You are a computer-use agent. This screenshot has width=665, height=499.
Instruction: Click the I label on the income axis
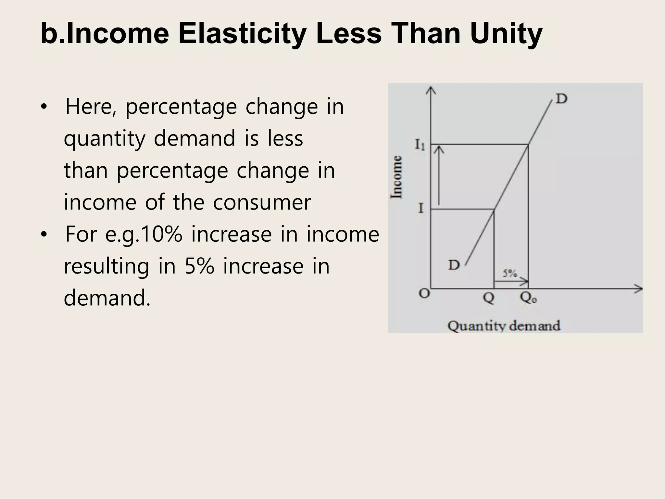coord(421,208)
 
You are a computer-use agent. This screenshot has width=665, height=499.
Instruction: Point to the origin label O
coord(424,293)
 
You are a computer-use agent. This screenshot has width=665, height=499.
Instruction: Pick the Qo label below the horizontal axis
coord(529,297)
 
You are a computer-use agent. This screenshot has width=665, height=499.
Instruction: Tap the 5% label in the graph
coord(510,274)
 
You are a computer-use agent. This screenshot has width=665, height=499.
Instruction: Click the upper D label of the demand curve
coord(561,98)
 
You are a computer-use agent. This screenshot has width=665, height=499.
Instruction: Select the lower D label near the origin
coord(454,265)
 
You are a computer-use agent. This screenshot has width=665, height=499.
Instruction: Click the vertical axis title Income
coord(397,177)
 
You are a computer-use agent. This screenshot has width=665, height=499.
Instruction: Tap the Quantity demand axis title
coord(504,326)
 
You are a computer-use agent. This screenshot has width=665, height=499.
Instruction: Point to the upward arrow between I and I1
coord(439,175)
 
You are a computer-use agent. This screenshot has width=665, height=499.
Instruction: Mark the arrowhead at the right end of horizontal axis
coord(639,288)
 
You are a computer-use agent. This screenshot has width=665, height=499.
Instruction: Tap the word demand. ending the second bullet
coord(107,298)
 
